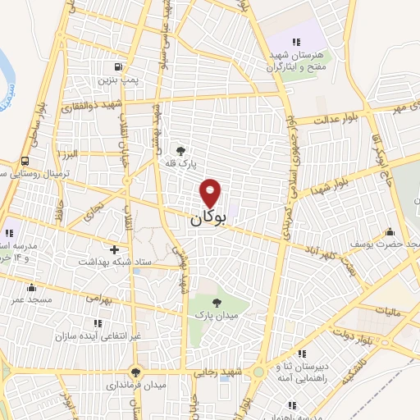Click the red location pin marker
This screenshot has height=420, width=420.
click(211, 192)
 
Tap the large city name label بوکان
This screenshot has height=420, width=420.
click(208, 219)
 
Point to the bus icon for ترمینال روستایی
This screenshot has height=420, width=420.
click(27, 161)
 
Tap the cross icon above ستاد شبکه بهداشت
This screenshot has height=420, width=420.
click(114, 249)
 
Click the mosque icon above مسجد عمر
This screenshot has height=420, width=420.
click(31, 287)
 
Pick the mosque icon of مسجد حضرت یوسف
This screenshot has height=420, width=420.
click(390, 231)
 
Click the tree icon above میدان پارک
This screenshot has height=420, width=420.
click(217, 303)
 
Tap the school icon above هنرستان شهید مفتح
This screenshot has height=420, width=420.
click(297, 42)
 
